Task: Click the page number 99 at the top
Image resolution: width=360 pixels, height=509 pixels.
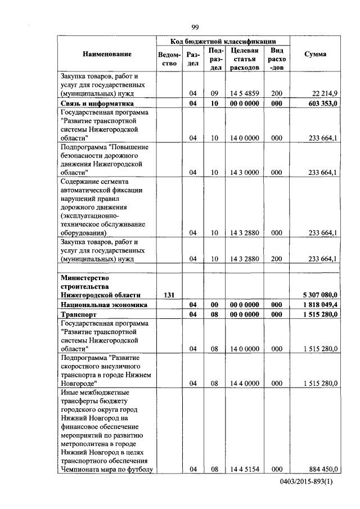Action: tap(195, 27)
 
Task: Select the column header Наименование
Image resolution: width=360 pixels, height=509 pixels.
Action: tap(107, 54)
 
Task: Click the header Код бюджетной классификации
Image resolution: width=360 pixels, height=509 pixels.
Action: tap(223, 42)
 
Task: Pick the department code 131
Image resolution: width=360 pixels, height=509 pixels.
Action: tap(169, 294)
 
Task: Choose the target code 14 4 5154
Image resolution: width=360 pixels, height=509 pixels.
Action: tap(244, 469)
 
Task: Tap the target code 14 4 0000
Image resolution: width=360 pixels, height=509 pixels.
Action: tap(244, 384)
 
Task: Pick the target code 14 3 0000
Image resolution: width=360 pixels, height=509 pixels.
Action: tap(244, 173)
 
